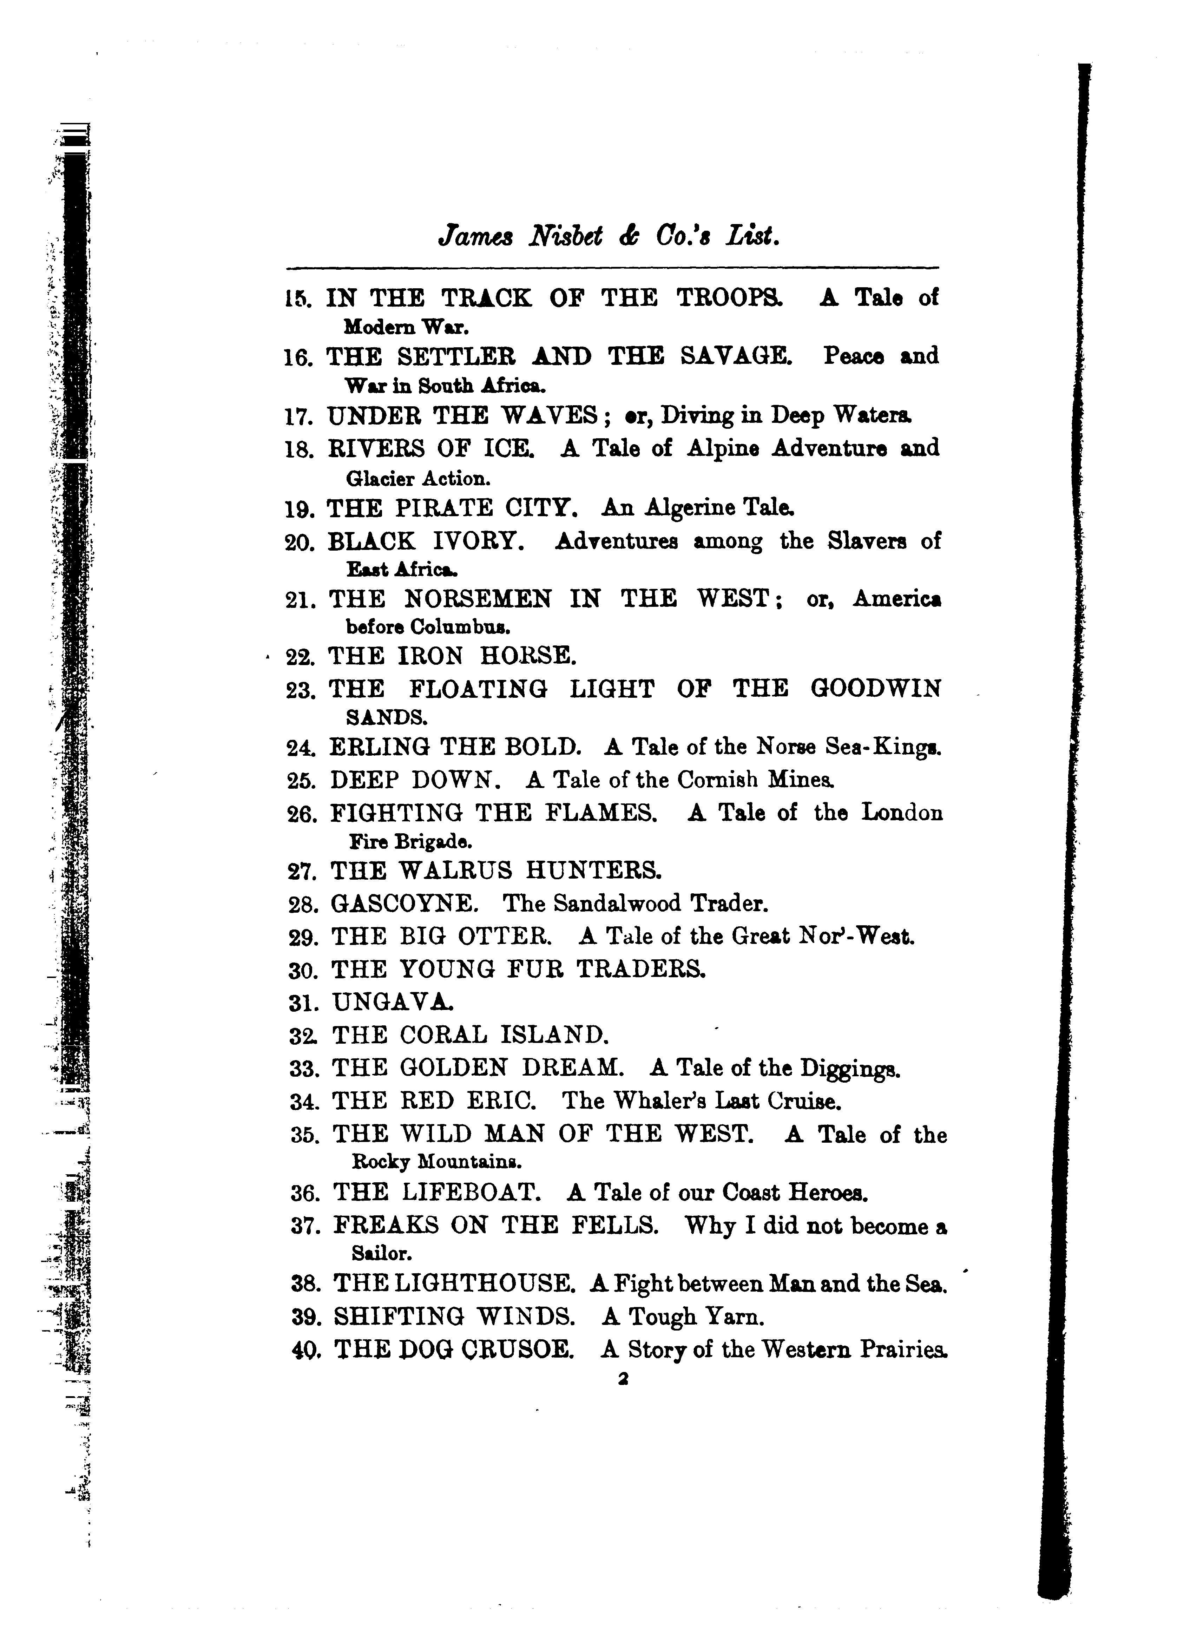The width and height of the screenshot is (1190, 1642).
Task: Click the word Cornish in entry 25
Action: pyautogui.click(x=717, y=780)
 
